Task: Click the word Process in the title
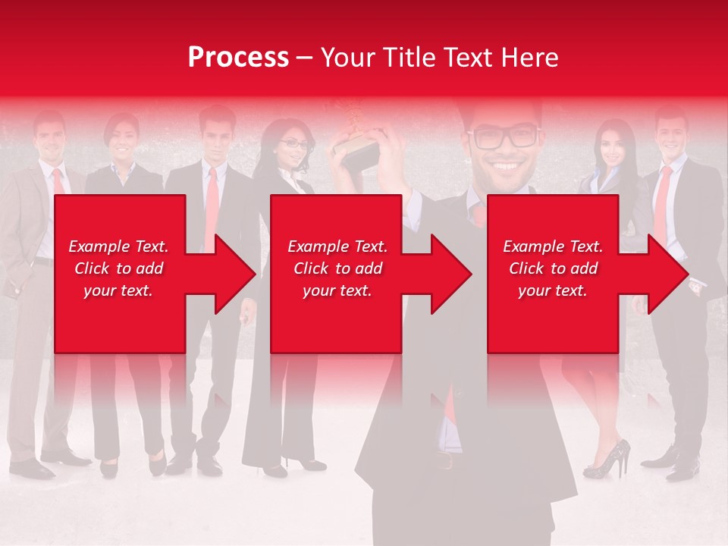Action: tap(238, 57)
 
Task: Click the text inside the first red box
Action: tap(118, 268)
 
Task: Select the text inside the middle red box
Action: tap(337, 268)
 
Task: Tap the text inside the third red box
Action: tap(553, 268)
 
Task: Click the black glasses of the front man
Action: tap(504, 138)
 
